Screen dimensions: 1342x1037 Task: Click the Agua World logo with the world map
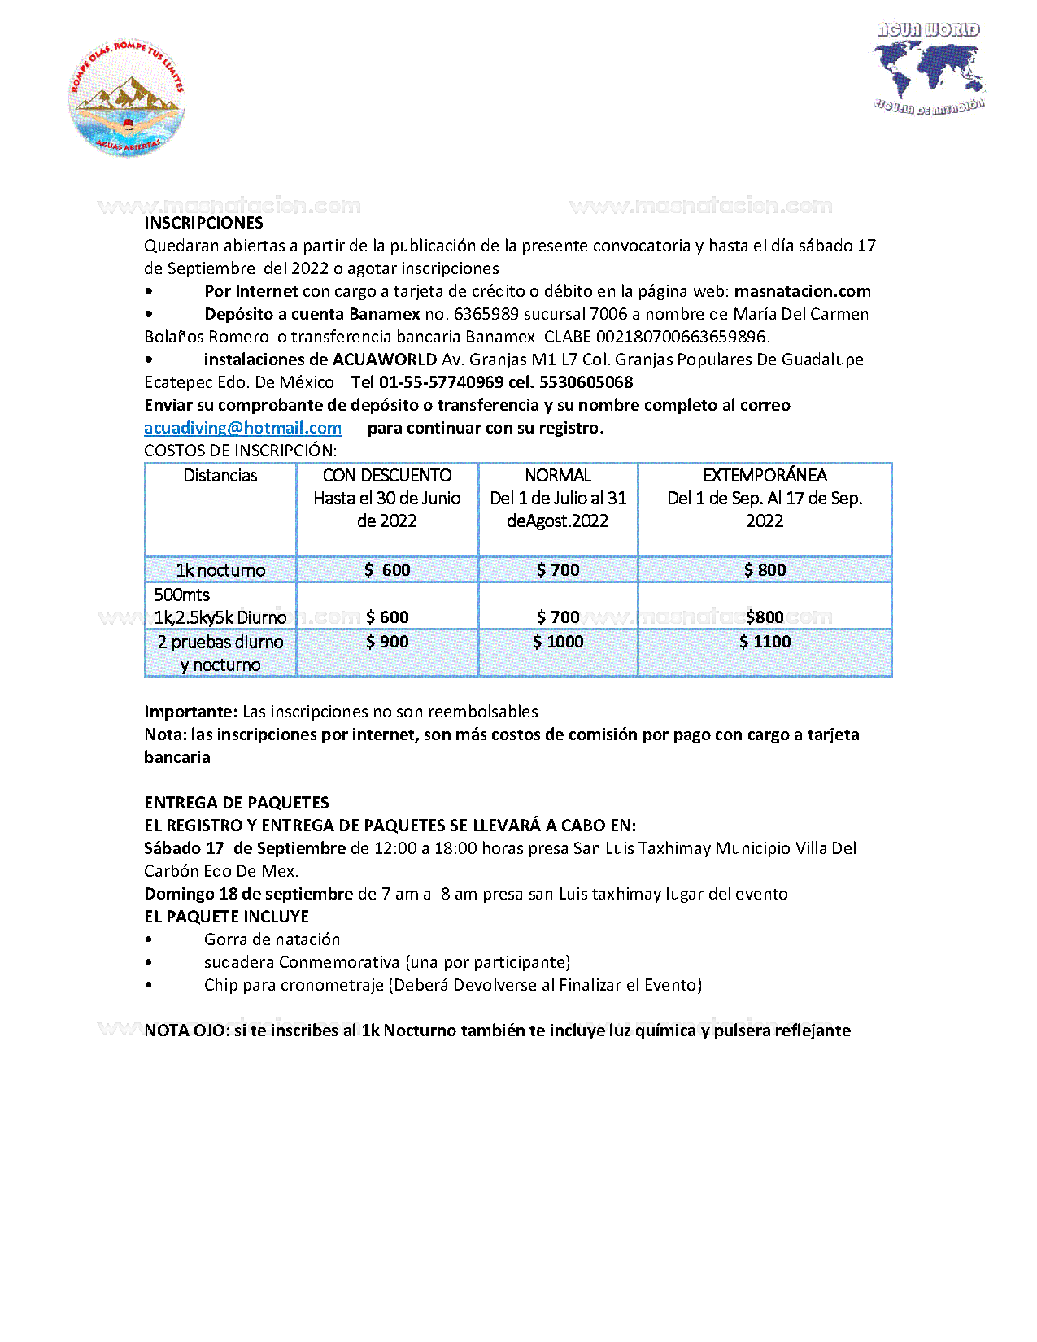tap(930, 68)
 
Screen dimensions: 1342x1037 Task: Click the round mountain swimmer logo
tap(126, 98)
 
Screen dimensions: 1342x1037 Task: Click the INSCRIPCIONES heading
tap(203, 223)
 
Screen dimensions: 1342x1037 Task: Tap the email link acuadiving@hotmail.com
tap(242, 428)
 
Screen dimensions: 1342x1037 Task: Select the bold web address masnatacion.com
tap(802, 291)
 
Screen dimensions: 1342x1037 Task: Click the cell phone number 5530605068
tap(586, 382)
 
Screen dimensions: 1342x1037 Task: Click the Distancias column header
tap(220, 476)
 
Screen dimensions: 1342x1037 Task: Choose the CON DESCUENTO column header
tap(387, 476)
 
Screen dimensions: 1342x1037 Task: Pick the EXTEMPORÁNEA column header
tap(765, 476)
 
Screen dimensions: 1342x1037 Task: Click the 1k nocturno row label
tap(220, 570)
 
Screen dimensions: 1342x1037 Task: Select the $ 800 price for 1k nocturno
tap(765, 570)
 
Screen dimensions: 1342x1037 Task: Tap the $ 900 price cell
tap(387, 642)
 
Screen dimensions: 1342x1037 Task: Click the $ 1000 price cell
tap(558, 642)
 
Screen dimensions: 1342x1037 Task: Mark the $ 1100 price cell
tap(765, 642)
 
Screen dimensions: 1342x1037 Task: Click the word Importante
tap(190, 712)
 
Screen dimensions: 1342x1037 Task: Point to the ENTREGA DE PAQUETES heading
tap(237, 803)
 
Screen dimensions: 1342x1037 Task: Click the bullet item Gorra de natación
tap(272, 939)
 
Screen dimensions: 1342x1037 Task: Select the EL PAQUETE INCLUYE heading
tap(226, 917)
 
